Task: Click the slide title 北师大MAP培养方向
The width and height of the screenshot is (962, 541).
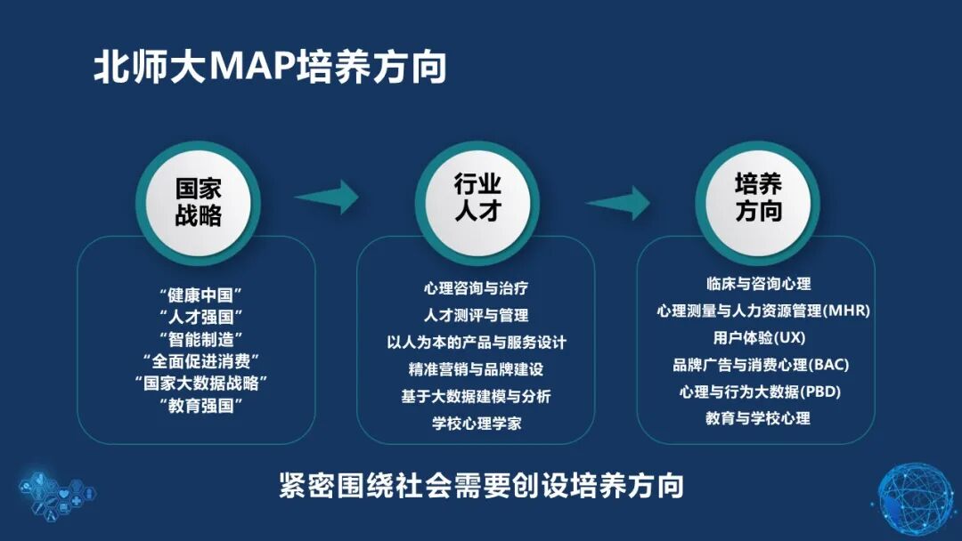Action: (270, 68)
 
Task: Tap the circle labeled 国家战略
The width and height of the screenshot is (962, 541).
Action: (198, 201)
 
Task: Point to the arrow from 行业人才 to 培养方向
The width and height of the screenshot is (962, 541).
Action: (618, 201)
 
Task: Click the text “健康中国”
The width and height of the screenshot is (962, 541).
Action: (200, 293)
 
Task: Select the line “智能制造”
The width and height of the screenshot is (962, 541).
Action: (200, 338)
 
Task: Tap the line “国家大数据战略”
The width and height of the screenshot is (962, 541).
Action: (200, 384)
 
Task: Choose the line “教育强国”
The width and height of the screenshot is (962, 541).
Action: (200, 406)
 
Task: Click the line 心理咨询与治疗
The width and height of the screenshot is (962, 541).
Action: (477, 287)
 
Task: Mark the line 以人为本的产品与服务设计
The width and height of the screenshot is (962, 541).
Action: (477, 342)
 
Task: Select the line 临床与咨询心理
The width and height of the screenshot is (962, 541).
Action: (758, 284)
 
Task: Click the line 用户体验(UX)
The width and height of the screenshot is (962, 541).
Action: (758, 338)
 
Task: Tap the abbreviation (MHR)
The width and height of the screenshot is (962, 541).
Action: (846, 311)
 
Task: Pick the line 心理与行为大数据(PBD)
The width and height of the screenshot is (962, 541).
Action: (758, 392)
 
